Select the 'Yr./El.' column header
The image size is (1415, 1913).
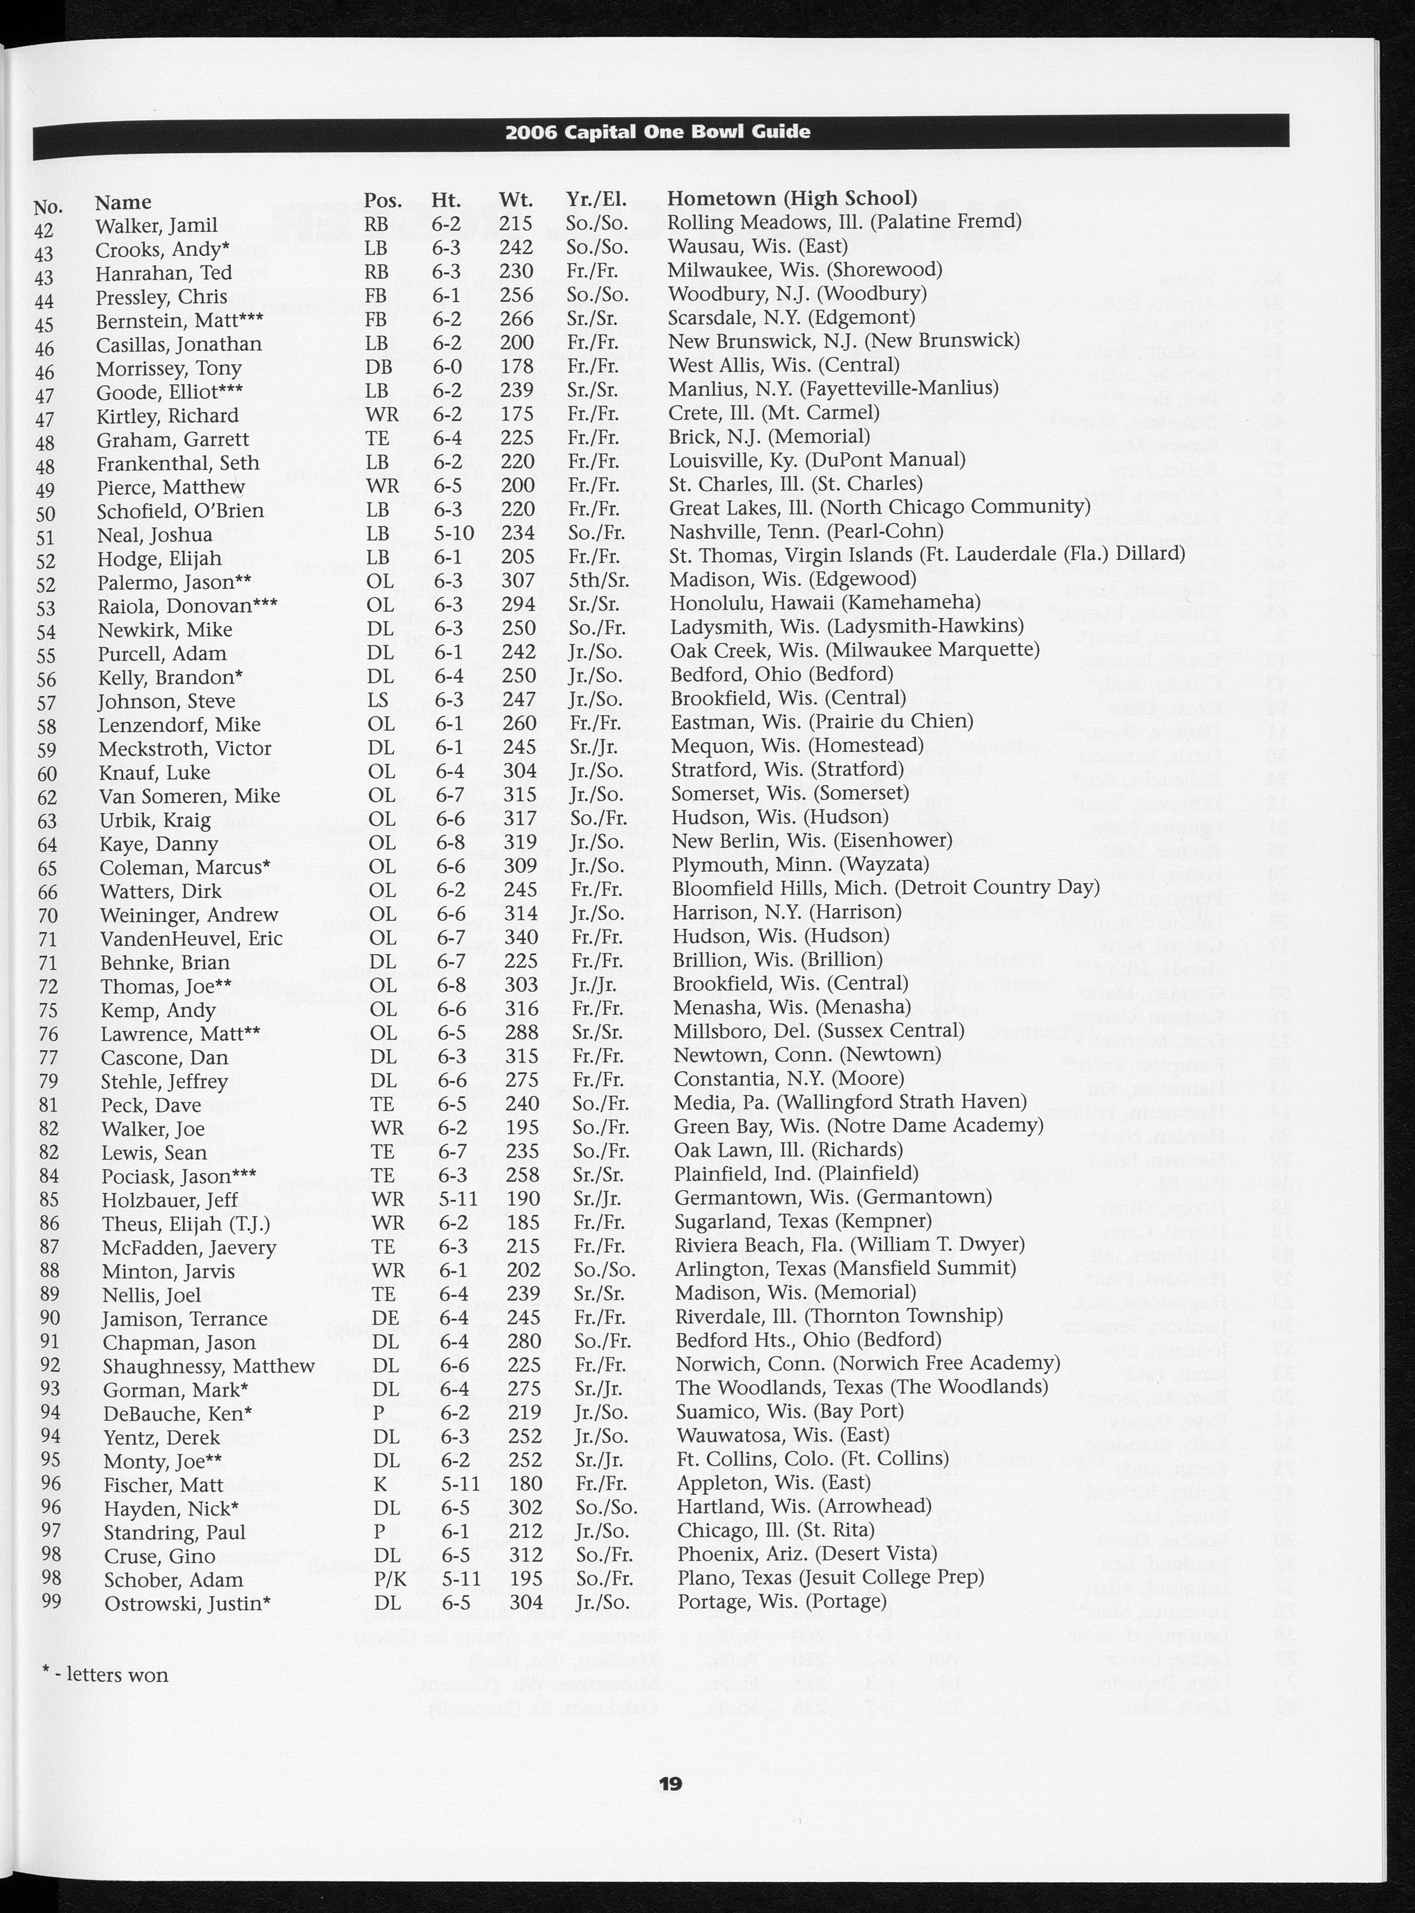click(x=596, y=199)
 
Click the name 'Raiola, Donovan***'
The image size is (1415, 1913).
click(x=188, y=606)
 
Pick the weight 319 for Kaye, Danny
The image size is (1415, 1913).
click(x=519, y=842)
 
